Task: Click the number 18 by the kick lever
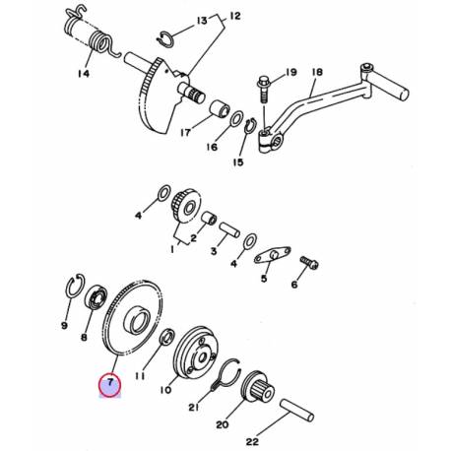pyautogui.click(x=316, y=73)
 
